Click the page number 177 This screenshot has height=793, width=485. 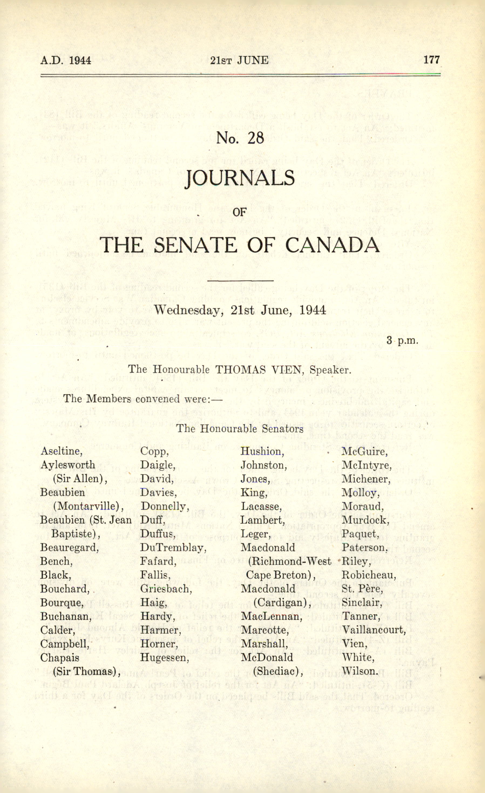[431, 60]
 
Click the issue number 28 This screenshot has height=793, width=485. [256, 138]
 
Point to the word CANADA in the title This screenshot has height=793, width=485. [332, 245]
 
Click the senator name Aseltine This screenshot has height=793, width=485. [61, 451]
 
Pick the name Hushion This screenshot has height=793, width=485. [262, 452]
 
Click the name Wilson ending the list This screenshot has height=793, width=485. [359, 671]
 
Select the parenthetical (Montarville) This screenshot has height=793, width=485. [88, 506]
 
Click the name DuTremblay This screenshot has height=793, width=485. [173, 547]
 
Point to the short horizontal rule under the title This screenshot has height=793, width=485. [240, 281]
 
